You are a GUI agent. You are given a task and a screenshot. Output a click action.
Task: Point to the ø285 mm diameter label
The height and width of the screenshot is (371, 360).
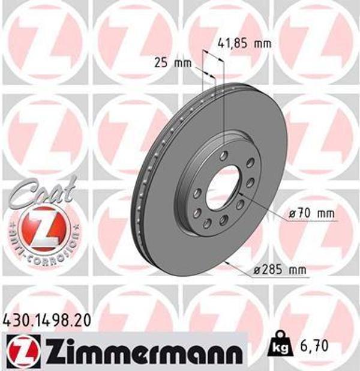pyautogui.click(x=280, y=270)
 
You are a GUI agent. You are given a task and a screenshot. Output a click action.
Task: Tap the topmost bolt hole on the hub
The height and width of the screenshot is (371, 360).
pyautogui.click(x=224, y=156)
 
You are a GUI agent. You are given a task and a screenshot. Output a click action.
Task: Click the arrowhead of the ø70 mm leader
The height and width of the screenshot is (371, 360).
pyautogui.click(x=239, y=195)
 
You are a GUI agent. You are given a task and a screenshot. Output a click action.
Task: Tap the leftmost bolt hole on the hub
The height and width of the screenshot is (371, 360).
pyautogui.click(x=196, y=193)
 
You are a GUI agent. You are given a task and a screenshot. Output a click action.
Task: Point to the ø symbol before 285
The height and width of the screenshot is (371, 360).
pyautogui.click(x=256, y=270)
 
